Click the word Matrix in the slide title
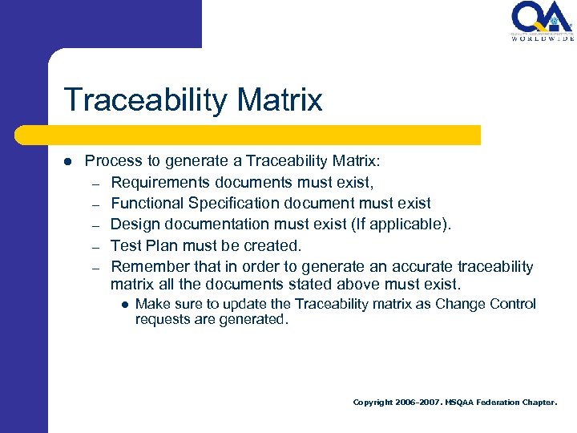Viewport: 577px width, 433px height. click(x=280, y=100)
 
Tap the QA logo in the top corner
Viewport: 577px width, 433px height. click(x=541, y=18)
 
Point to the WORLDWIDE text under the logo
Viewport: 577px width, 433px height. click(x=543, y=38)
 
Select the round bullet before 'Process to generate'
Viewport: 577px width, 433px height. click(x=68, y=161)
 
